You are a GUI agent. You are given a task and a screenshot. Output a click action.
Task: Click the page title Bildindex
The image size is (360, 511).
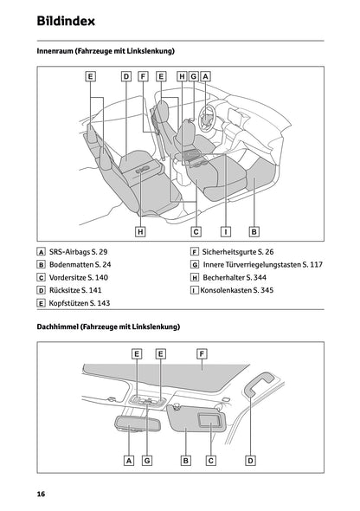pos(66,20)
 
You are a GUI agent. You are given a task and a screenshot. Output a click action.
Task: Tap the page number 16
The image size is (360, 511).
pos(41,493)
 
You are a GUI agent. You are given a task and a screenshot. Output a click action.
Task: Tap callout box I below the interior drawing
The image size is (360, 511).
pos(225,231)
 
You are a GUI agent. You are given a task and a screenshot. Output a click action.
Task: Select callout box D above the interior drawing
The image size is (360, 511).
pos(125,76)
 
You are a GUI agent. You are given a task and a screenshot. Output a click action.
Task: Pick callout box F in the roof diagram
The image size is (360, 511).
pos(201,353)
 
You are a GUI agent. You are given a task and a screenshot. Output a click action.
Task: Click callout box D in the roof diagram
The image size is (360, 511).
pos(250,461)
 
